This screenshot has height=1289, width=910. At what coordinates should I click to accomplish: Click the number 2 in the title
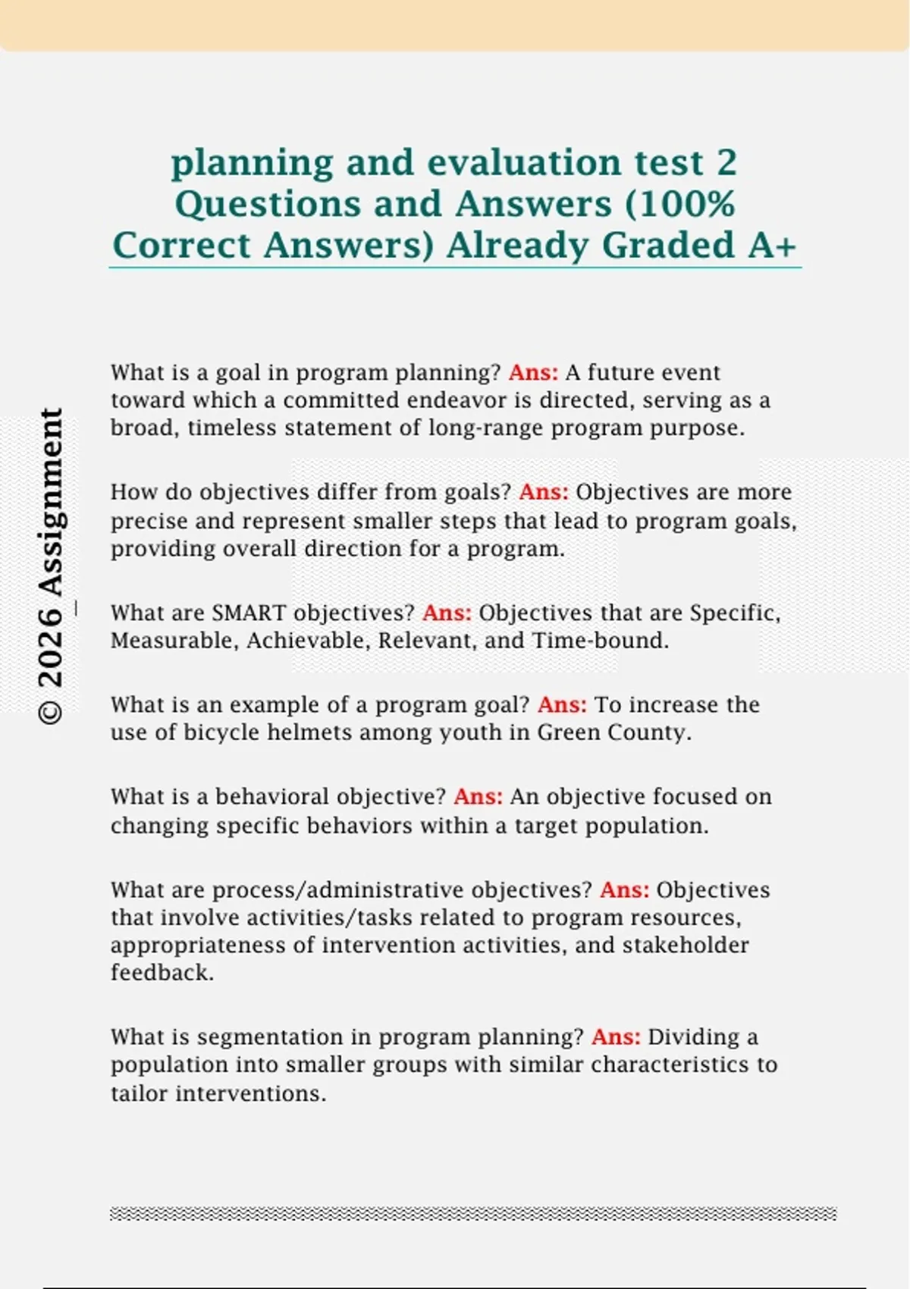click(726, 163)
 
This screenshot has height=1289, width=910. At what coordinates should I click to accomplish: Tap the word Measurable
click(174, 641)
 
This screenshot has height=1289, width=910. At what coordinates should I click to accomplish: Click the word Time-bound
click(601, 641)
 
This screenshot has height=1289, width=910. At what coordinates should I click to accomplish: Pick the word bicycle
click(219, 734)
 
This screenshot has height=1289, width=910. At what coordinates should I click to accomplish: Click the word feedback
click(162, 973)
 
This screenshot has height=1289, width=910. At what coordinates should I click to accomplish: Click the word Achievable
click(309, 641)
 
